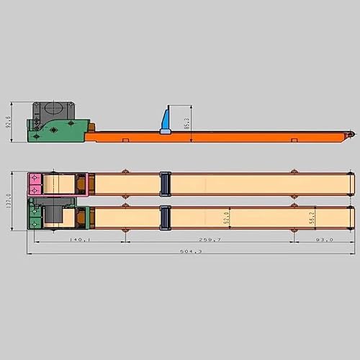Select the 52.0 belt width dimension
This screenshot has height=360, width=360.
(x=227, y=217)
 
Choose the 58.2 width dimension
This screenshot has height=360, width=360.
(x=312, y=217)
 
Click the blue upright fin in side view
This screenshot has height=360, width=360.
(x=166, y=118)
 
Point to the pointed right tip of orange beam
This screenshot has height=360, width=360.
(x=351, y=135)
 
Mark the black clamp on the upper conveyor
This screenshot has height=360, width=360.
(x=164, y=184)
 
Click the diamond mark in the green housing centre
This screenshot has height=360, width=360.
(x=53, y=130)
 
